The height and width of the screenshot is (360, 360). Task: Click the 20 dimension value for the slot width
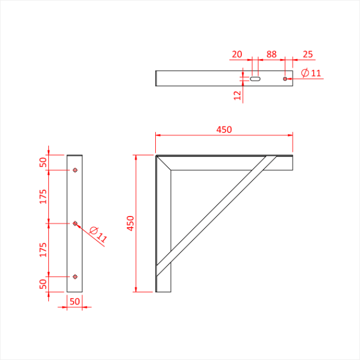pyautogui.click(x=237, y=55)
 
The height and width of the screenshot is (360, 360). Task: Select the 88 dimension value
pyautogui.click(x=271, y=55)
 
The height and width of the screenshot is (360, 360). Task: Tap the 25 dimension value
pyautogui.click(x=308, y=55)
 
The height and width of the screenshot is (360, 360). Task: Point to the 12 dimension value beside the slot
pyautogui.click(x=237, y=95)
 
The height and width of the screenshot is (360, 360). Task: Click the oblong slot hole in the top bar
pyautogui.click(x=256, y=79)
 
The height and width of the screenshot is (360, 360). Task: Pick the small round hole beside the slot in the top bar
pyautogui.click(x=285, y=79)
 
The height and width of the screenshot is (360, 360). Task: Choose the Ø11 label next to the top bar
pyautogui.click(x=311, y=73)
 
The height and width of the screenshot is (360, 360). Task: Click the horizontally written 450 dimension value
pyautogui.click(x=224, y=130)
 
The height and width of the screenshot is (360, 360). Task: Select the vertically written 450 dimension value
pyautogui.click(x=131, y=223)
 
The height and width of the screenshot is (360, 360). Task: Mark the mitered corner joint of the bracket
pyautogui.click(x=164, y=163)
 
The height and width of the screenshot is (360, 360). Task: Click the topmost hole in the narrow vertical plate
pyautogui.click(x=75, y=170)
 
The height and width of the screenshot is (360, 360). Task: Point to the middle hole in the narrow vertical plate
pyautogui.click(x=75, y=223)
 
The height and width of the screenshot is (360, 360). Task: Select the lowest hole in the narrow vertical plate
pyautogui.click(x=75, y=277)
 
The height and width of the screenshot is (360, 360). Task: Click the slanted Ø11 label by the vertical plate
pyautogui.click(x=98, y=235)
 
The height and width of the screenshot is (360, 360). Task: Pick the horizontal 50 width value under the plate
pyautogui.click(x=75, y=302)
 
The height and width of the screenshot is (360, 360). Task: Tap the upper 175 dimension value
pyautogui.click(x=43, y=196)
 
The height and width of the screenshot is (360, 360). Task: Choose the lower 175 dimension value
pyautogui.click(x=43, y=250)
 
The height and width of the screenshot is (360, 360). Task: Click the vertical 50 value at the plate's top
pyautogui.click(x=43, y=163)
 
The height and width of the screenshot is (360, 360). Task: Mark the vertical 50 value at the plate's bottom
pyautogui.click(x=43, y=283)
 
